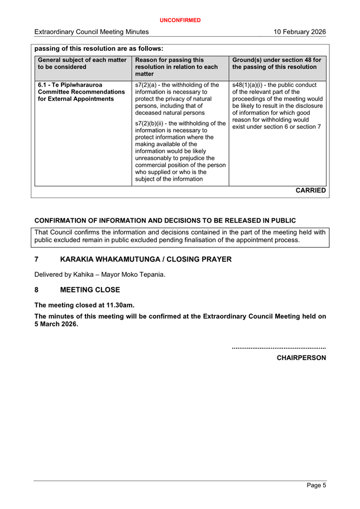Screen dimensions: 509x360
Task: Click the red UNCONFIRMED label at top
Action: tap(180, 20)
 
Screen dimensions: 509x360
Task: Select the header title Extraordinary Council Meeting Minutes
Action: tap(91, 32)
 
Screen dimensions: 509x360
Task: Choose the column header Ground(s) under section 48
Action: tap(276, 63)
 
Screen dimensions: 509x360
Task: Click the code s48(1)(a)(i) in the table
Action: tap(249, 85)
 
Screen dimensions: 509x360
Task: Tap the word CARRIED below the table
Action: tap(310, 190)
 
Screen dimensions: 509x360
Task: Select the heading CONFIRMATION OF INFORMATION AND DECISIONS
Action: tap(165, 220)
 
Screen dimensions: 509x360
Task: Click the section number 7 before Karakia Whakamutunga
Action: tap(37, 260)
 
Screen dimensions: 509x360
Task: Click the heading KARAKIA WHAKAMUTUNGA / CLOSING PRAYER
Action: tap(145, 260)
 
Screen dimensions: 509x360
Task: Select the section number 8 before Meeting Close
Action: tap(37, 290)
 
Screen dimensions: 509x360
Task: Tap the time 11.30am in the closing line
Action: tap(121, 305)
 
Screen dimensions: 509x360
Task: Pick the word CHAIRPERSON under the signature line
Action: tap(301, 357)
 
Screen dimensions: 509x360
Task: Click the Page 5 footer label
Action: tap(316, 486)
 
